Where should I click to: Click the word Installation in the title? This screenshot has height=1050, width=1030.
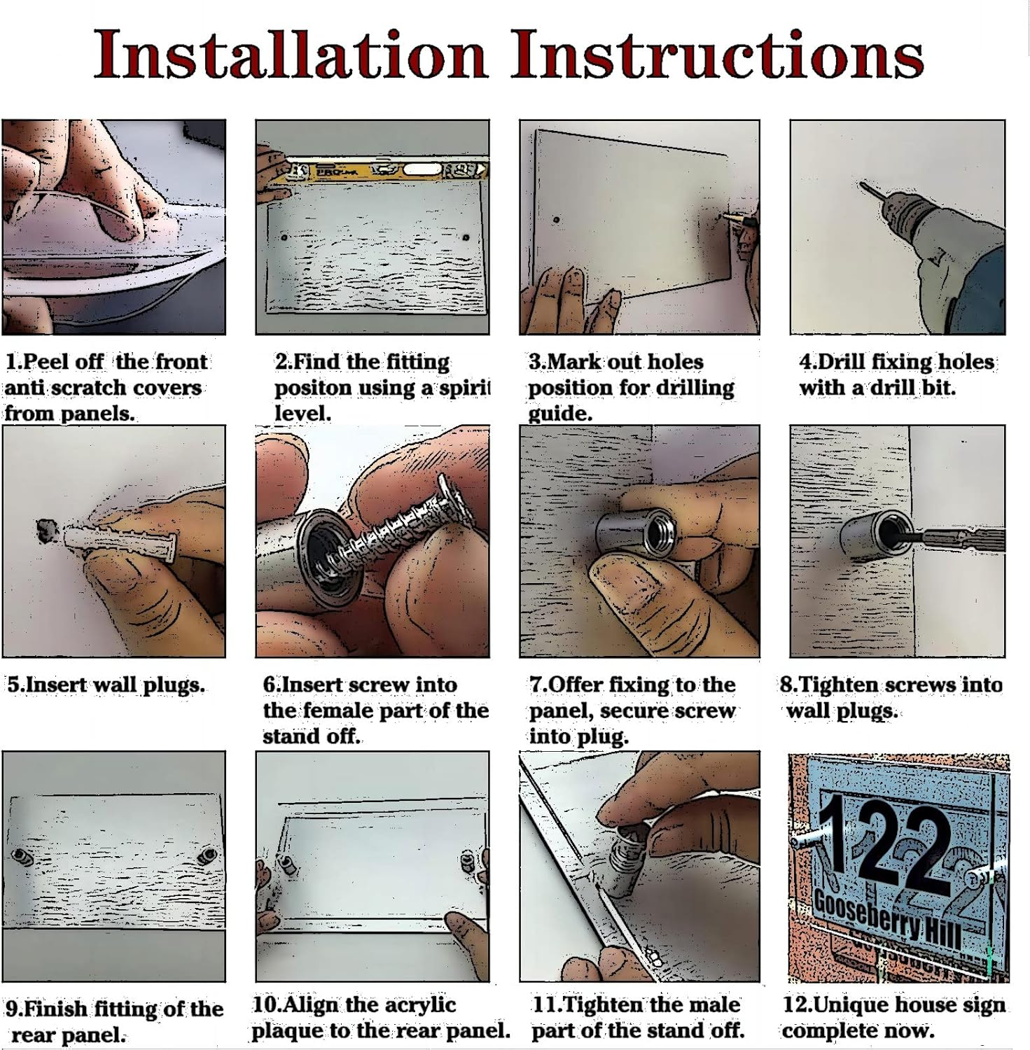tap(291, 55)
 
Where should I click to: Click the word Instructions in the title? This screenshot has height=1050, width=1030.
tap(717, 55)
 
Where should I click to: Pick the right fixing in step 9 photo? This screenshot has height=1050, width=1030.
tap(208, 855)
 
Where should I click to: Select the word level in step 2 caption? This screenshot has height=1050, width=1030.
tap(302, 412)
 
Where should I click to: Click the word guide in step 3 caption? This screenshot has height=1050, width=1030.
tap(559, 413)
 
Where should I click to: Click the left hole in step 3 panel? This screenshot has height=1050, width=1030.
tap(556, 220)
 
